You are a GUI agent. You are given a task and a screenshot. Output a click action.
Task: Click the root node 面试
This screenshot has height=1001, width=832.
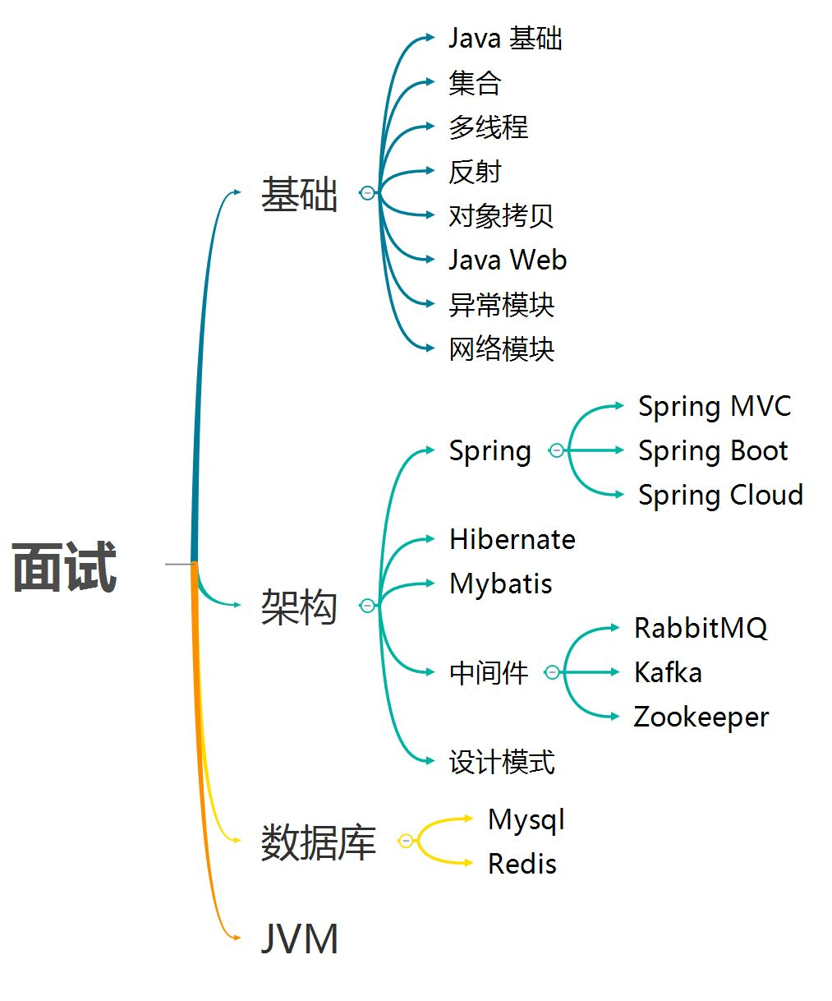65,567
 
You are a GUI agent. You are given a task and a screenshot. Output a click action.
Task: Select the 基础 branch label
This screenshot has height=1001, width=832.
299,195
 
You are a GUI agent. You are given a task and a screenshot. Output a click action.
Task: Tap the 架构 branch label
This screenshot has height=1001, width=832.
299,607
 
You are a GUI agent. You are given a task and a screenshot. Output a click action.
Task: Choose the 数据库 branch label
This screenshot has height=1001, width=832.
318,842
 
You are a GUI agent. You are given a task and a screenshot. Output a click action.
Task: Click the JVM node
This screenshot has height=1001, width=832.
299,939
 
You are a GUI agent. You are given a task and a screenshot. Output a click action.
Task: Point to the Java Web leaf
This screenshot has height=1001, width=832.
507,260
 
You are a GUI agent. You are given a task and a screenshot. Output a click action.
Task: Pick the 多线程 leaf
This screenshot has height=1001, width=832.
488,127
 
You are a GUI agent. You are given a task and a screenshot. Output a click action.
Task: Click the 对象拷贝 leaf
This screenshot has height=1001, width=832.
501,215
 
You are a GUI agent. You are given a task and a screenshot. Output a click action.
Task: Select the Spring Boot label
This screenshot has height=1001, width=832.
713,451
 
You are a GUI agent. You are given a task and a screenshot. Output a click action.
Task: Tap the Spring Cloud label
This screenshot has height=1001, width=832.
720,496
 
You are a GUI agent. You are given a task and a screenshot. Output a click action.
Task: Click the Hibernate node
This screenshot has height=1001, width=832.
513,540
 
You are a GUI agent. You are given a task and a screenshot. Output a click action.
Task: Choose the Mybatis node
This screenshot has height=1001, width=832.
501,584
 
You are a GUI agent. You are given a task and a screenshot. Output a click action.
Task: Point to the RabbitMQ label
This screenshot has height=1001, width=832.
701,629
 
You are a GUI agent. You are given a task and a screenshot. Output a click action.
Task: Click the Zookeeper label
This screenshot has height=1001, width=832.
701,717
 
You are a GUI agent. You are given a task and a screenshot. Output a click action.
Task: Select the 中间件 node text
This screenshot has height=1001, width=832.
488,673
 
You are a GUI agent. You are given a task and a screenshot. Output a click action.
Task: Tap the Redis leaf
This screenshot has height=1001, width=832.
522,864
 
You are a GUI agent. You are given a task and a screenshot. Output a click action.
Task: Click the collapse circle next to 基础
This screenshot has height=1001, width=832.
367,193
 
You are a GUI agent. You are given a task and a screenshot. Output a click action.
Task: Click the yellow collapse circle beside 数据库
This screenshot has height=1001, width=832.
406,841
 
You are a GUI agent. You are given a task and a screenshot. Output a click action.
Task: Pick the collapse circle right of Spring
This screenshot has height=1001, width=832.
556,450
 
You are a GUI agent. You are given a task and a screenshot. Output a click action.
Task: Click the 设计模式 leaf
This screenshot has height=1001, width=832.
501,762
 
